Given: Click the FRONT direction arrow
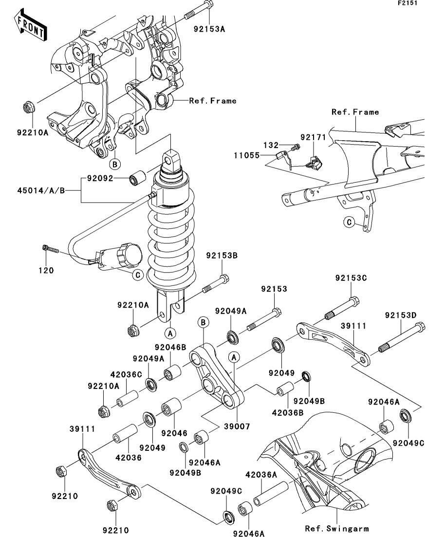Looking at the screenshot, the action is [x=31, y=24].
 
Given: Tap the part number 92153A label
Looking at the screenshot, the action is [x=209, y=29].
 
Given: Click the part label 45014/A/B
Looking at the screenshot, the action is [x=41, y=190].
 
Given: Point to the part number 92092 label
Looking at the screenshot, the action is [x=100, y=178].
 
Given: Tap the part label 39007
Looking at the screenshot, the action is [x=237, y=426].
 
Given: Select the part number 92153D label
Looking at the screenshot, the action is [x=401, y=315].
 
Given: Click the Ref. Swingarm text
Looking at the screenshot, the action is [x=337, y=529].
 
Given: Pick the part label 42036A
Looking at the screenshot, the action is [x=261, y=475].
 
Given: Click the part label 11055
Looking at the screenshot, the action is [x=247, y=155].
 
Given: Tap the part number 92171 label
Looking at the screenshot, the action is [x=313, y=137].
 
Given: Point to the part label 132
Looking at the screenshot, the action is [x=271, y=145].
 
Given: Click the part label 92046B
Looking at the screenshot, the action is [x=170, y=347].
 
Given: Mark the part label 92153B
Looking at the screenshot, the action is [x=222, y=256].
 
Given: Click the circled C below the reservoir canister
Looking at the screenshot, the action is [x=138, y=275].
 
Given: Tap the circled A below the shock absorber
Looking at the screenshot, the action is [x=170, y=333].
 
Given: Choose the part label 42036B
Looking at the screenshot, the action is [x=288, y=413].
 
